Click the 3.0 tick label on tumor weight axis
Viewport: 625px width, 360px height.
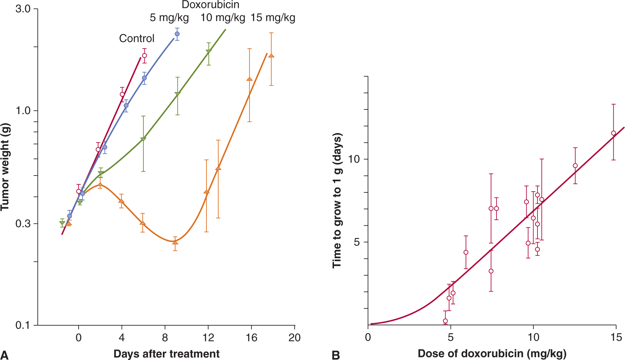(x=23, y=9)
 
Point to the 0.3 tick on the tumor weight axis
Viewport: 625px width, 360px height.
(x=23, y=224)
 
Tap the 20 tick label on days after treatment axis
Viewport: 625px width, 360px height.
(x=294, y=338)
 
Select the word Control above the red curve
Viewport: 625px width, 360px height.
(x=136, y=38)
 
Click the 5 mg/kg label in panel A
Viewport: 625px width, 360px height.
(x=169, y=18)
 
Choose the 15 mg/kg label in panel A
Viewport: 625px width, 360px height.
(x=273, y=18)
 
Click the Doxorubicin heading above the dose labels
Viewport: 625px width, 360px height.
(x=210, y=5)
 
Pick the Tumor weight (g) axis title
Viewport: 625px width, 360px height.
(x=5, y=167)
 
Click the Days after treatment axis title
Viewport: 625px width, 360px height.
(x=166, y=354)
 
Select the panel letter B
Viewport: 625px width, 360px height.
(x=336, y=355)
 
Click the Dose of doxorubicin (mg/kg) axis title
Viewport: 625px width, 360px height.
(x=492, y=353)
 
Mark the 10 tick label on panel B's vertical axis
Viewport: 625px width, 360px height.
(x=353, y=159)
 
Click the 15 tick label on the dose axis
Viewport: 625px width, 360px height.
(x=616, y=338)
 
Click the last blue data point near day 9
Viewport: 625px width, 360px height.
(x=177, y=34)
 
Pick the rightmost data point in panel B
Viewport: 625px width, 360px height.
(x=613, y=133)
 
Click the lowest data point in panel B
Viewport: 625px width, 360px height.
(x=445, y=321)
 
